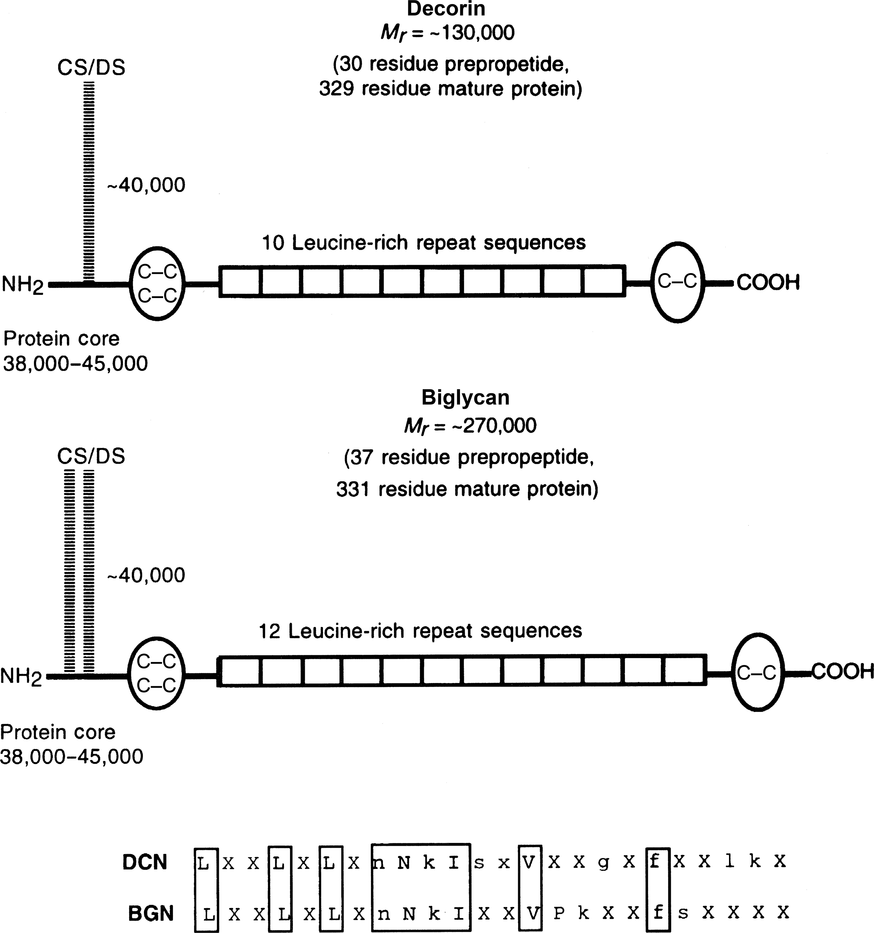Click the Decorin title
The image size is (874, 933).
[446, 9]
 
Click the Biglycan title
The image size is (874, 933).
[465, 398]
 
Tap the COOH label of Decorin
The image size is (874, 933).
[768, 283]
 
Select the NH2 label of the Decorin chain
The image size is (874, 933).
[22, 285]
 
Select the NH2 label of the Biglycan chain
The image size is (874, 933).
[21, 677]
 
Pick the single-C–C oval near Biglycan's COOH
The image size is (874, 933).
[757, 673]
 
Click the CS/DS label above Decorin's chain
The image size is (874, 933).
[91, 68]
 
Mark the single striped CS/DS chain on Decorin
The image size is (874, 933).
[89, 183]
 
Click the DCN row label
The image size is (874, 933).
[145, 862]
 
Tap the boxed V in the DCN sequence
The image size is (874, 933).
[529, 862]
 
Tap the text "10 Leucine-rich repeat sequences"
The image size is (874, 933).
[424, 243]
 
